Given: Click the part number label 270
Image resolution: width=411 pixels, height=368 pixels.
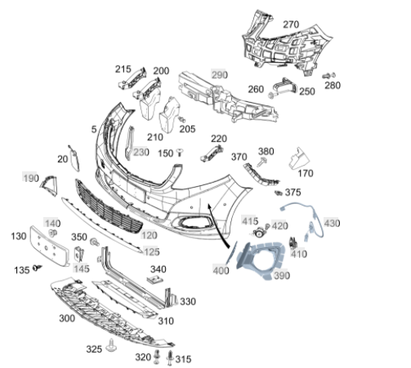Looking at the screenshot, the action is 291,24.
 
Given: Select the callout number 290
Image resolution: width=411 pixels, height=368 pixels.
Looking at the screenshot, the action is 219,74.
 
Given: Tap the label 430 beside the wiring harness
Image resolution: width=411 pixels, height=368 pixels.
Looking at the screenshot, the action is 332,224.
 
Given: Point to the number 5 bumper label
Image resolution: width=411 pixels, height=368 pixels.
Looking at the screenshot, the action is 94,129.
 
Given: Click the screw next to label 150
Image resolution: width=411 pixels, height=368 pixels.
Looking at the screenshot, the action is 179,152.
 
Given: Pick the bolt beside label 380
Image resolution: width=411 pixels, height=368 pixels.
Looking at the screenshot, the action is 262,162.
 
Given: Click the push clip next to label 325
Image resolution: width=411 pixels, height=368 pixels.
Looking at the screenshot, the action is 111,345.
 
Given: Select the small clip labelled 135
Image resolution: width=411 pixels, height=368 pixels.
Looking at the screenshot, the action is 37,268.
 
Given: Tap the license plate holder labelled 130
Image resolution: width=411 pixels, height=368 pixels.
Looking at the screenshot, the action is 49,246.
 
